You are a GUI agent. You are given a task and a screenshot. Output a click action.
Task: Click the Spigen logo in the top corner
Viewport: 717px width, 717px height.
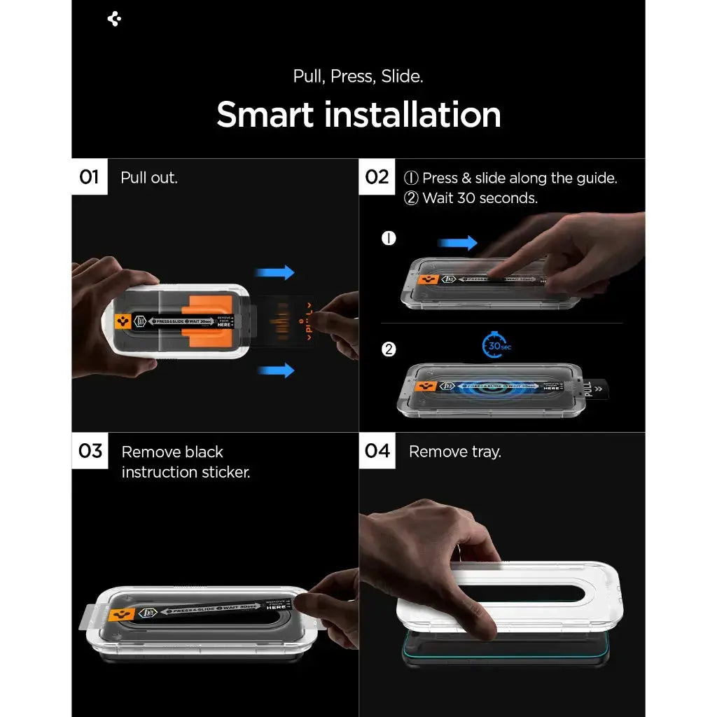pyautogui.click(x=115, y=19)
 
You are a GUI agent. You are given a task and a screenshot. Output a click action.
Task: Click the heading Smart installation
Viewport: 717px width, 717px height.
pyautogui.click(x=358, y=115)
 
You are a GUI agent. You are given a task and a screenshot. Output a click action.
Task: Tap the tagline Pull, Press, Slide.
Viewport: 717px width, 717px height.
pyautogui.click(x=358, y=76)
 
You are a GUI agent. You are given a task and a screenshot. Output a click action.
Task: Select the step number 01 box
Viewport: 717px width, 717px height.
pyautogui.click(x=90, y=177)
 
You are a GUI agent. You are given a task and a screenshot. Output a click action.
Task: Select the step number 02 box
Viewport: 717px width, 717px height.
pyautogui.click(x=377, y=177)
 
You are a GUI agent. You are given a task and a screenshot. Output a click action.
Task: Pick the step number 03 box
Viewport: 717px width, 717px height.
pyautogui.click(x=90, y=451)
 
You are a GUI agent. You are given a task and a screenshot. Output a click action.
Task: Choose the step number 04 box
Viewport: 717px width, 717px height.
pyautogui.click(x=377, y=451)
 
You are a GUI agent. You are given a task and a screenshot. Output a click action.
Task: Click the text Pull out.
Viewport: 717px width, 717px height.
pyautogui.click(x=149, y=178)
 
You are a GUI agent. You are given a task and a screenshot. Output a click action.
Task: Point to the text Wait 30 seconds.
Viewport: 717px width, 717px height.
pyautogui.click(x=480, y=198)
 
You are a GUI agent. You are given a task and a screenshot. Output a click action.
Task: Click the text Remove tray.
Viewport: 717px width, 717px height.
pyautogui.click(x=455, y=452)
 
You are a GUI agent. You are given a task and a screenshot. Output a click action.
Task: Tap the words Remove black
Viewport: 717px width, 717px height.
pyautogui.click(x=172, y=452)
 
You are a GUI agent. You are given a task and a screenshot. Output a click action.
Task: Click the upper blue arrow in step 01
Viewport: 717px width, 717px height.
pyautogui.click(x=275, y=272)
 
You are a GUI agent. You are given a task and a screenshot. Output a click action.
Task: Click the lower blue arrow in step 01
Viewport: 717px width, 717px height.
pyautogui.click(x=275, y=370)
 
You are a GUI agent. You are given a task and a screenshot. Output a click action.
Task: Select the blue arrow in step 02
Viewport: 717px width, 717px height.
pyautogui.click(x=457, y=243)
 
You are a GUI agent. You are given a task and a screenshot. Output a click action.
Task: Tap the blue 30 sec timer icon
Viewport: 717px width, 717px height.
pyautogui.click(x=496, y=345)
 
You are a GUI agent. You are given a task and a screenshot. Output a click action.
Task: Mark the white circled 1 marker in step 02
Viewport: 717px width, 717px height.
pyautogui.click(x=389, y=238)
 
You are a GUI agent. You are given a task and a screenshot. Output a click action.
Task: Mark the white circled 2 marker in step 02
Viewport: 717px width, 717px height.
pyautogui.click(x=389, y=349)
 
